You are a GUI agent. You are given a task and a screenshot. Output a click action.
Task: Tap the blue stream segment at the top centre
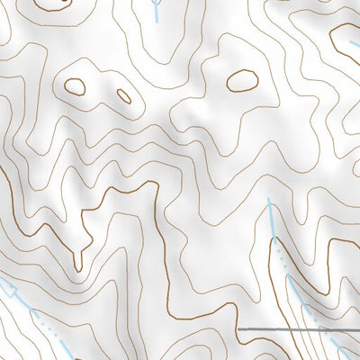click(x=157, y=10)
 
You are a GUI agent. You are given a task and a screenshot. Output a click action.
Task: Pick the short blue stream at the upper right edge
click(x=353, y=41)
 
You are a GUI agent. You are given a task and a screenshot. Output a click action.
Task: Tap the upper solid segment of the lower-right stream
click(x=272, y=220)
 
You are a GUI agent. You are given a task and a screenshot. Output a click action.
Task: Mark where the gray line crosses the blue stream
click(x=319, y=330)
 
